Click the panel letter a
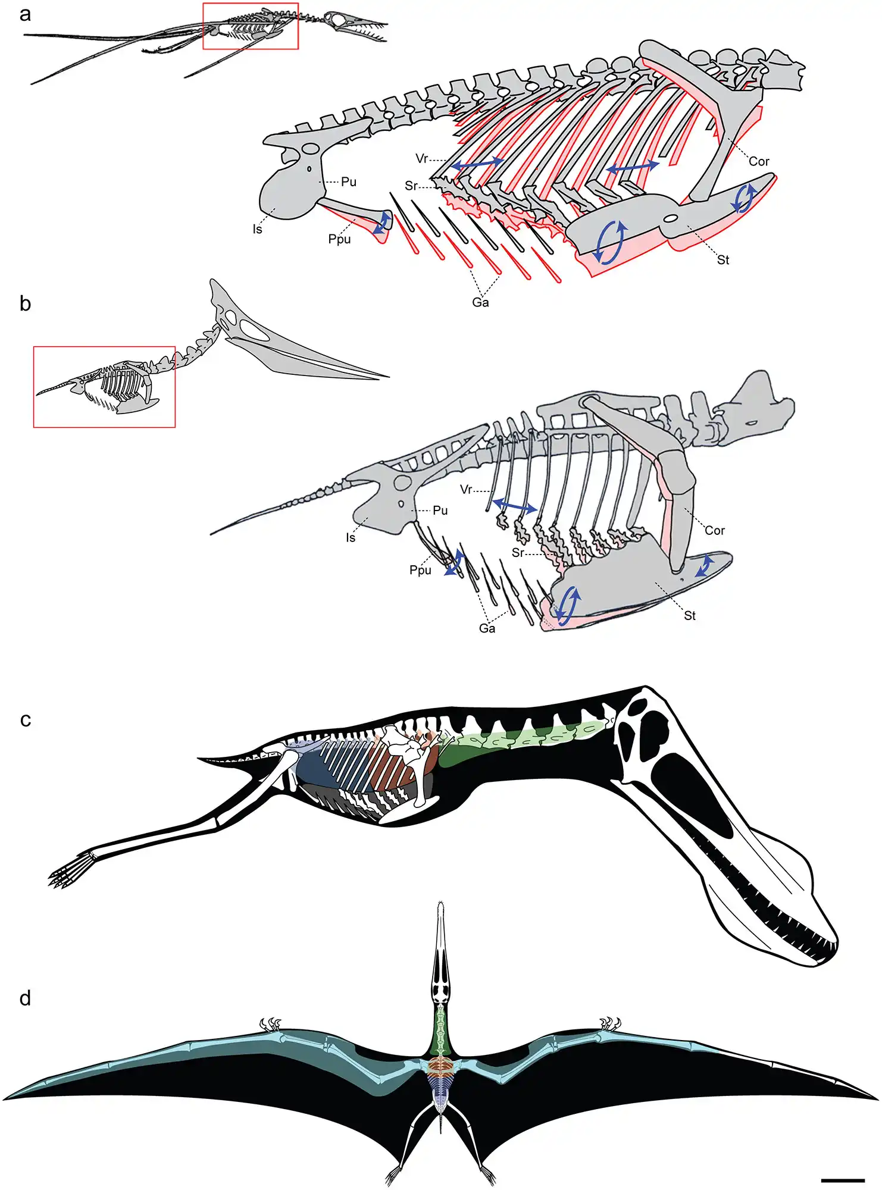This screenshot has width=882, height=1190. (24, 14)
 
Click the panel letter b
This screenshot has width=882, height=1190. (25, 303)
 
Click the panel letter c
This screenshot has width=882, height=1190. (25, 719)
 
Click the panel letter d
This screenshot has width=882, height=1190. (25, 998)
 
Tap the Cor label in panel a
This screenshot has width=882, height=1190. (759, 161)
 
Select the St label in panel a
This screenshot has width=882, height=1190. (723, 260)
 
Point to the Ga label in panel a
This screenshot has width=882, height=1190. (480, 302)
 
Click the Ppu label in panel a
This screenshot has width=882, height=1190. (339, 239)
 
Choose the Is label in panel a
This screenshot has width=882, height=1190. (257, 229)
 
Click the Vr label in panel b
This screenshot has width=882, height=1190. (466, 489)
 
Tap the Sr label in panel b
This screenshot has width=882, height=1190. (518, 552)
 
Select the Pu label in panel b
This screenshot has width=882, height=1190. (440, 510)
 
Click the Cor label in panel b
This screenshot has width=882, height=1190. (715, 530)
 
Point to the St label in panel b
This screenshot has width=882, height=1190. (690, 615)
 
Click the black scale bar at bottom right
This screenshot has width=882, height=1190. (843, 1179)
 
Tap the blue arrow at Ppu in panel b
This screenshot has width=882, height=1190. (456, 562)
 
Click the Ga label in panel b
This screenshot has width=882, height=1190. (487, 628)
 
